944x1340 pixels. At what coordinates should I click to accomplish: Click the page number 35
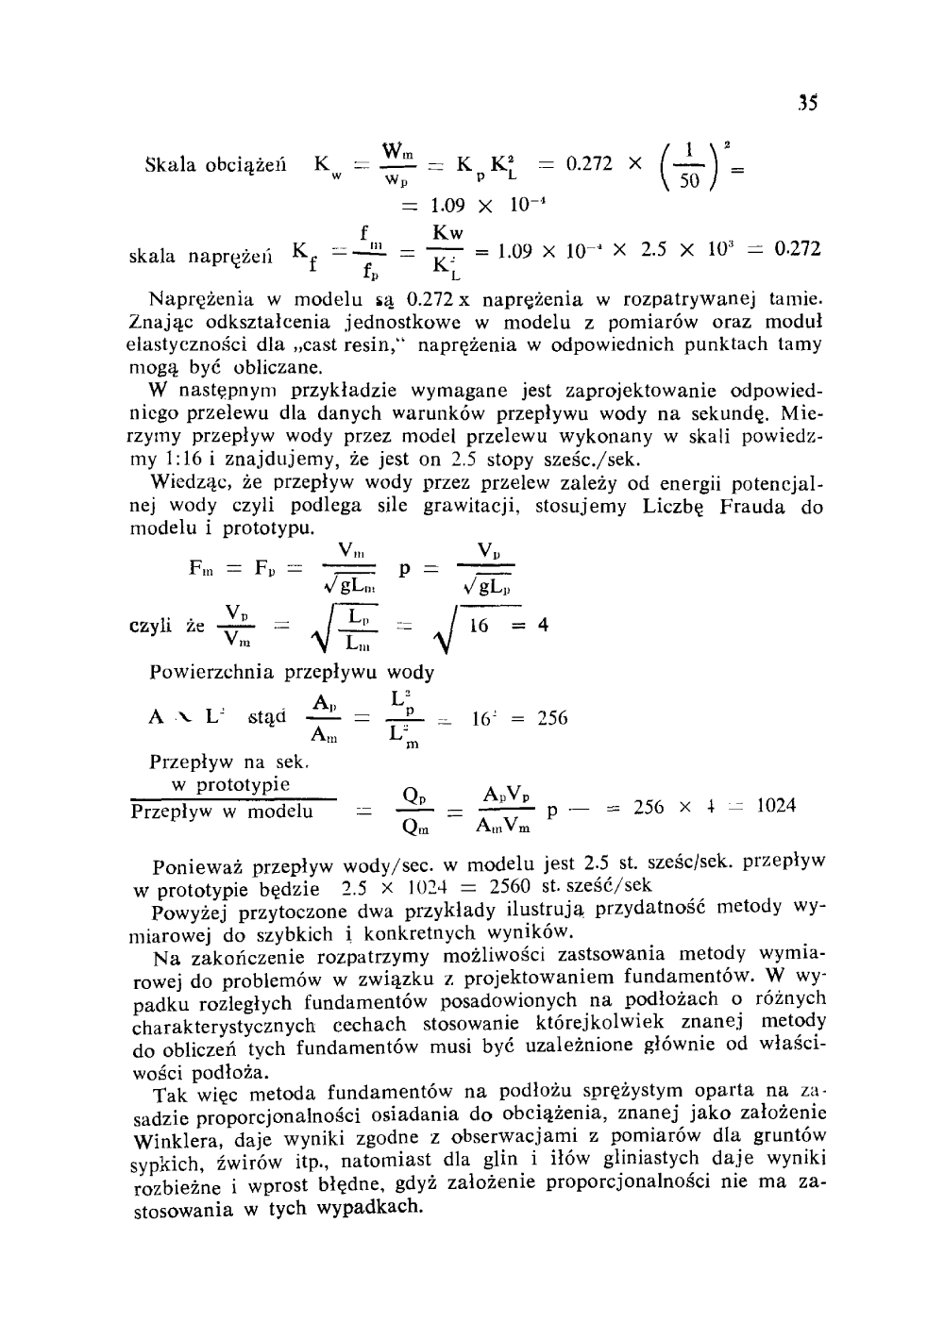805,103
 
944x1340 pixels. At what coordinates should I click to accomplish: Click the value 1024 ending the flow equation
776,806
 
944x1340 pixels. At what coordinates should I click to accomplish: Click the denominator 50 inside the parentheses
689,180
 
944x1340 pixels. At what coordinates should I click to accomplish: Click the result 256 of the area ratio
552,718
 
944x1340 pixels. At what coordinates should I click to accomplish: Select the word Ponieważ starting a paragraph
195,865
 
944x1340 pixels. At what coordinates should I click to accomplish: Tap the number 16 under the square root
478,626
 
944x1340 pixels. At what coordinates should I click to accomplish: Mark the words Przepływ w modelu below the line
222,812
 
